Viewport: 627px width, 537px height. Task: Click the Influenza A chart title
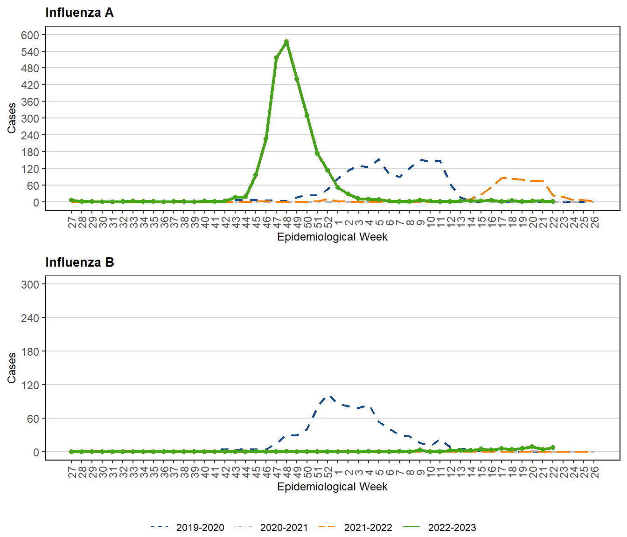pos(79,13)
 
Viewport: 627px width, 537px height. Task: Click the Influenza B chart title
pos(79,262)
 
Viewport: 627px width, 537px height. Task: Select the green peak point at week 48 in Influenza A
pos(286,41)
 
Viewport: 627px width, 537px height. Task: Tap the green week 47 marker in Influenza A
pos(276,58)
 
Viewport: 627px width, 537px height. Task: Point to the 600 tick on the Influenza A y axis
pos(30,35)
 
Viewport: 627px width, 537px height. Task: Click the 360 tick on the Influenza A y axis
pos(30,102)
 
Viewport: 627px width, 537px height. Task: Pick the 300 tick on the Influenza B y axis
pos(30,284)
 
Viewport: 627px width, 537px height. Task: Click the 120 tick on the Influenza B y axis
pos(30,385)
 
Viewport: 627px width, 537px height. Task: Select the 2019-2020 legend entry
pos(200,528)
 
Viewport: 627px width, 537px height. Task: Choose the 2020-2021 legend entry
pos(284,528)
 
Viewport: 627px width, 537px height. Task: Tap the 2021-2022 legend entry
pos(368,528)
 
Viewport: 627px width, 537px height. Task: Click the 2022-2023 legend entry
pos(452,528)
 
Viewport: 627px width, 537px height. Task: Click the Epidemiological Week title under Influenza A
pos(332,237)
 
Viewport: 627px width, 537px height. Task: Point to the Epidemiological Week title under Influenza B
pos(332,487)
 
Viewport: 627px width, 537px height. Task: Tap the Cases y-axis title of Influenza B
pos(12,368)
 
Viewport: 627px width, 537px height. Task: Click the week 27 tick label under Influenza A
pos(72,222)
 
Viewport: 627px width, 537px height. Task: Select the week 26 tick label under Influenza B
pos(594,472)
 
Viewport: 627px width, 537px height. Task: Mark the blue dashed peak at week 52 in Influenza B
pos(329,396)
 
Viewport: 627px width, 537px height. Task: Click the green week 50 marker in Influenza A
pos(307,115)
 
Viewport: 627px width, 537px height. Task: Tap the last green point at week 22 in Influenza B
pos(553,447)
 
